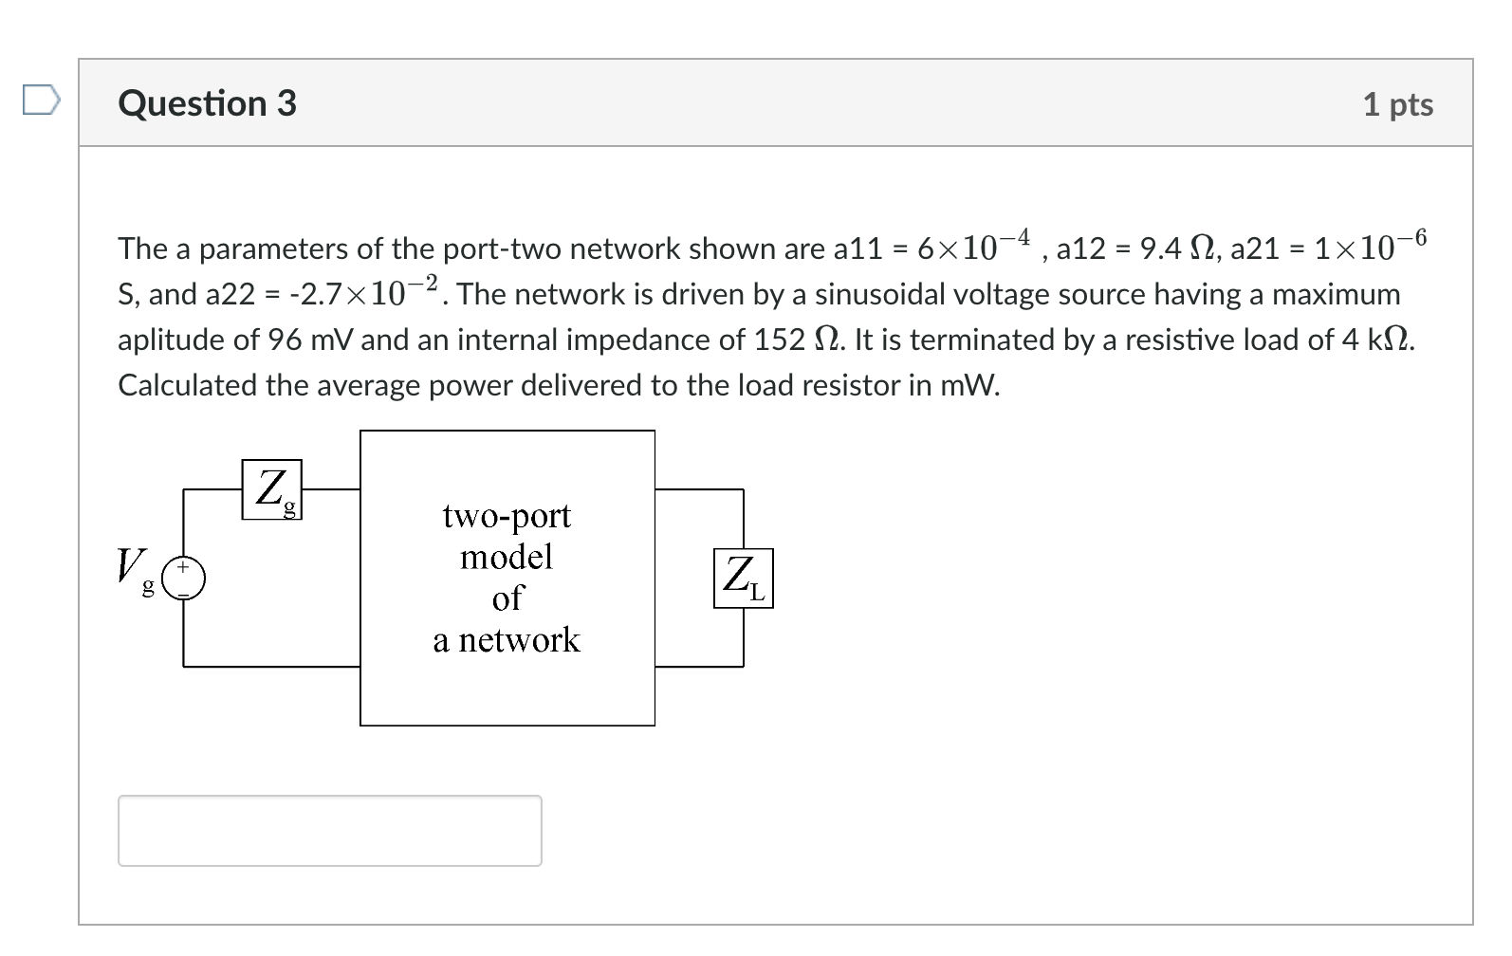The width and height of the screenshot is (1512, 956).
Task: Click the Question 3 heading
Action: (x=207, y=103)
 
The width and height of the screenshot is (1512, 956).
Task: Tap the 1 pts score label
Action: (x=1397, y=104)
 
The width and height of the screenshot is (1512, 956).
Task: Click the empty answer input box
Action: (x=329, y=830)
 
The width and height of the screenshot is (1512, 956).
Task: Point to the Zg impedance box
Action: (x=272, y=489)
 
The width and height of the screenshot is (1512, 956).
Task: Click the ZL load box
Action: (x=743, y=578)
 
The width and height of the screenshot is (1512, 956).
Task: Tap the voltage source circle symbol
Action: (x=184, y=579)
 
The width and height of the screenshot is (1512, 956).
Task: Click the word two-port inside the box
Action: (x=507, y=516)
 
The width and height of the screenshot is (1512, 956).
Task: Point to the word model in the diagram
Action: (x=507, y=557)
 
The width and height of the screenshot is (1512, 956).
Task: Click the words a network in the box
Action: (x=507, y=640)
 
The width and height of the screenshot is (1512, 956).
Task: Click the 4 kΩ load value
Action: (x=1376, y=340)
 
